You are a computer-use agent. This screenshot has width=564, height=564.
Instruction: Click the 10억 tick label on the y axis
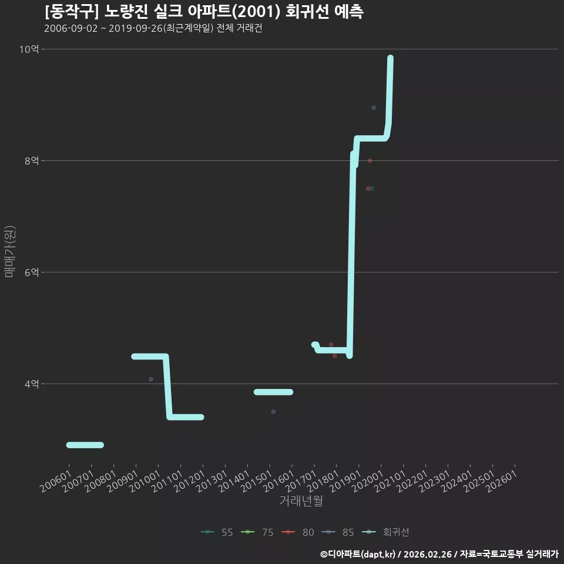[29, 49]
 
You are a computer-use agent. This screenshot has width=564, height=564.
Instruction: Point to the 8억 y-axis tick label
[32, 160]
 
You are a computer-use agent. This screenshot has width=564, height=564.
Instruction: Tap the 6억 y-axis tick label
[32, 272]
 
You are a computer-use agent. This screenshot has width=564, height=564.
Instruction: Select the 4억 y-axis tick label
[32, 384]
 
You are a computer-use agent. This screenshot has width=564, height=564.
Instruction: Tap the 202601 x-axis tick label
[501, 481]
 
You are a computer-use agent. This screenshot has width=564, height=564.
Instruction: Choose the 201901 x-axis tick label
[345, 481]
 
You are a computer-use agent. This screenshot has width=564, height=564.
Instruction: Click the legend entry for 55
[217, 532]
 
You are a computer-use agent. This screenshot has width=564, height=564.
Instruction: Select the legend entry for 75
[257, 532]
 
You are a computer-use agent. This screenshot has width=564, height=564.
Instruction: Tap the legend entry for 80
[297, 532]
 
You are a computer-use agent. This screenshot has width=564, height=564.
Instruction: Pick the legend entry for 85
[338, 532]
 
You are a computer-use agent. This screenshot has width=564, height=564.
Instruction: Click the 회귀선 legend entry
[385, 532]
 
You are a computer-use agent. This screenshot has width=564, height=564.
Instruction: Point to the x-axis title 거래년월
[301, 501]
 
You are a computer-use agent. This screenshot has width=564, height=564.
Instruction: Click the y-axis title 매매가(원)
[10, 251]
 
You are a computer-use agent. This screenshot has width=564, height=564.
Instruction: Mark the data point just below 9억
[374, 108]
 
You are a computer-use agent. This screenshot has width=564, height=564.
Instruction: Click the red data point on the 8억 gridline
[370, 161]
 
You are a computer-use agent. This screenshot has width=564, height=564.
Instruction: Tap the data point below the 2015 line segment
[273, 411]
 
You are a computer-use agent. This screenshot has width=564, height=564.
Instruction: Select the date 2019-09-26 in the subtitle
[136, 28]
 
